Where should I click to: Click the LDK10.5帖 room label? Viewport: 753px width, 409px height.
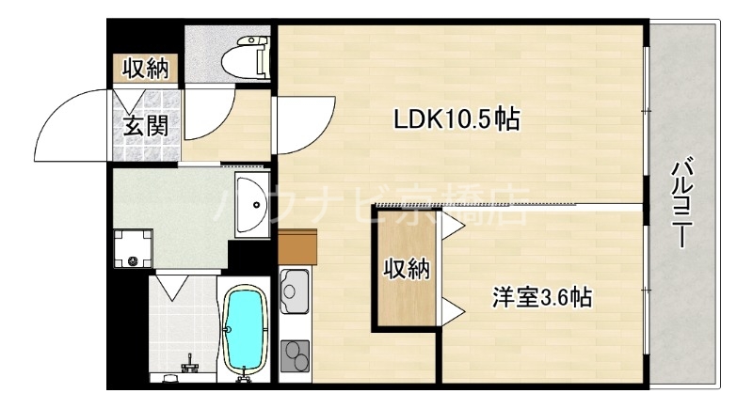(x=457, y=120)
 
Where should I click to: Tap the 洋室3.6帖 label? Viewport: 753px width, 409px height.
(x=540, y=298)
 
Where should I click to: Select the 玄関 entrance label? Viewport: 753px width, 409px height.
(x=146, y=125)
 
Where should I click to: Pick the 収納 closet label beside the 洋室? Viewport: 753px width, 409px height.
(x=406, y=270)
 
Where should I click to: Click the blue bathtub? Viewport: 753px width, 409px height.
(x=246, y=331)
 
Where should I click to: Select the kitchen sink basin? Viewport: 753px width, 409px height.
(x=296, y=290)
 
